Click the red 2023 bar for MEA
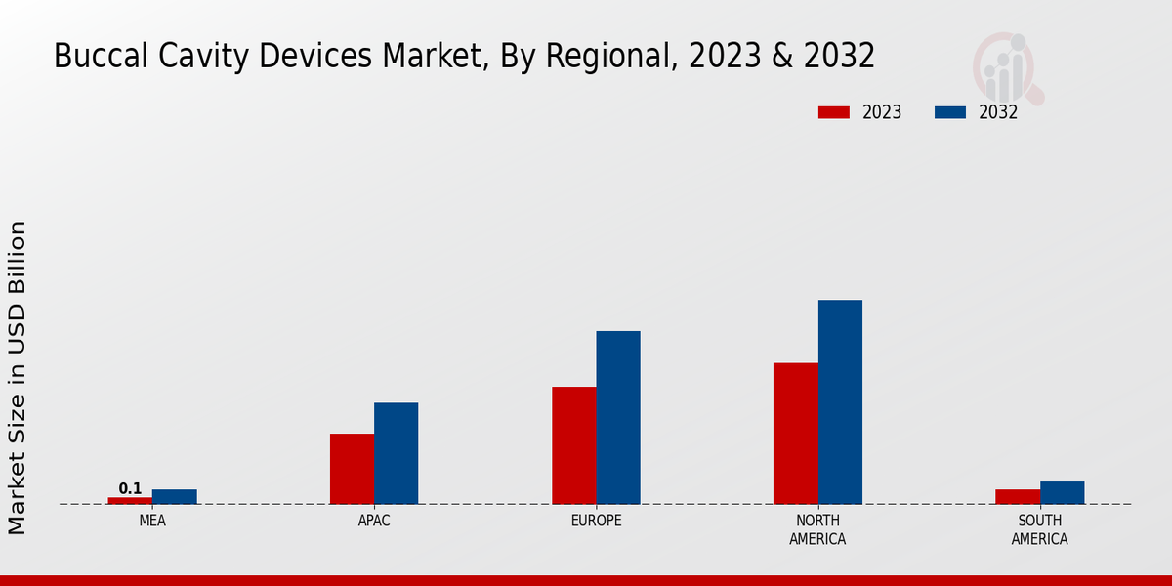[130, 500]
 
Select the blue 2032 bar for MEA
[174, 496]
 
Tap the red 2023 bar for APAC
[352, 469]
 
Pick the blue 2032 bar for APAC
[396, 453]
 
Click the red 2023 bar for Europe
[573, 445]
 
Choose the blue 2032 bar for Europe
[618, 417]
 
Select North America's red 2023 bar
[795, 434]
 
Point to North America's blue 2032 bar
[840, 401]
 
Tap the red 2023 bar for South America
[1018, 496]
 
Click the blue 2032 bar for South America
[1062, 492]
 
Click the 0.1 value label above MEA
[130, 488]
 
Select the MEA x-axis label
[152, 521]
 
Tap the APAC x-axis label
[374, 521]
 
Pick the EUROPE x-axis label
[596, 521]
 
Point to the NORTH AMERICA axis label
[817, 529]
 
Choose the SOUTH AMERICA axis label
[1039, 529]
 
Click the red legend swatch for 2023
[833, 112]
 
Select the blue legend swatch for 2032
[949, 112]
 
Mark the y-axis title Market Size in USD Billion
[18, 377]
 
